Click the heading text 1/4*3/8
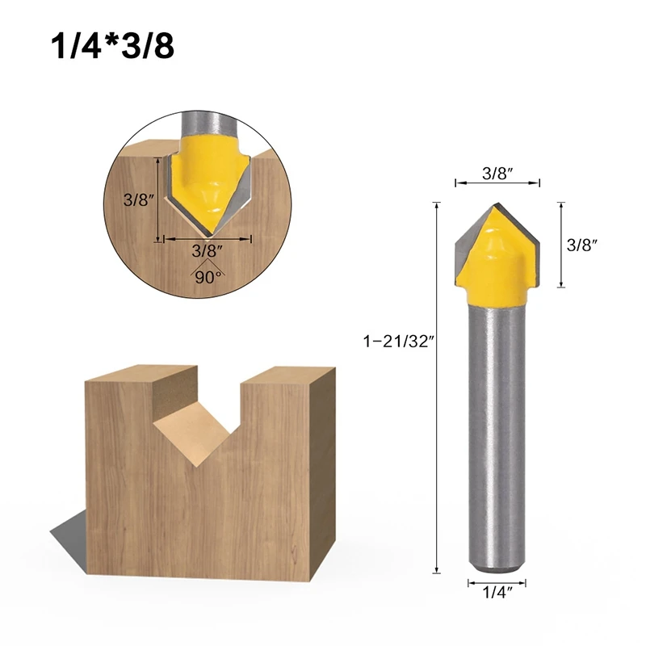[112, 46]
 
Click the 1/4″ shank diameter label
[497, 593]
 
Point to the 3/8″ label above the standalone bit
[497, 173]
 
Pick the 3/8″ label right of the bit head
[581, 245]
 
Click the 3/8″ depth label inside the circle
[139, 199]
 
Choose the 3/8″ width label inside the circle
[208, 250]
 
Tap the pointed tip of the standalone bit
[497, 203]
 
